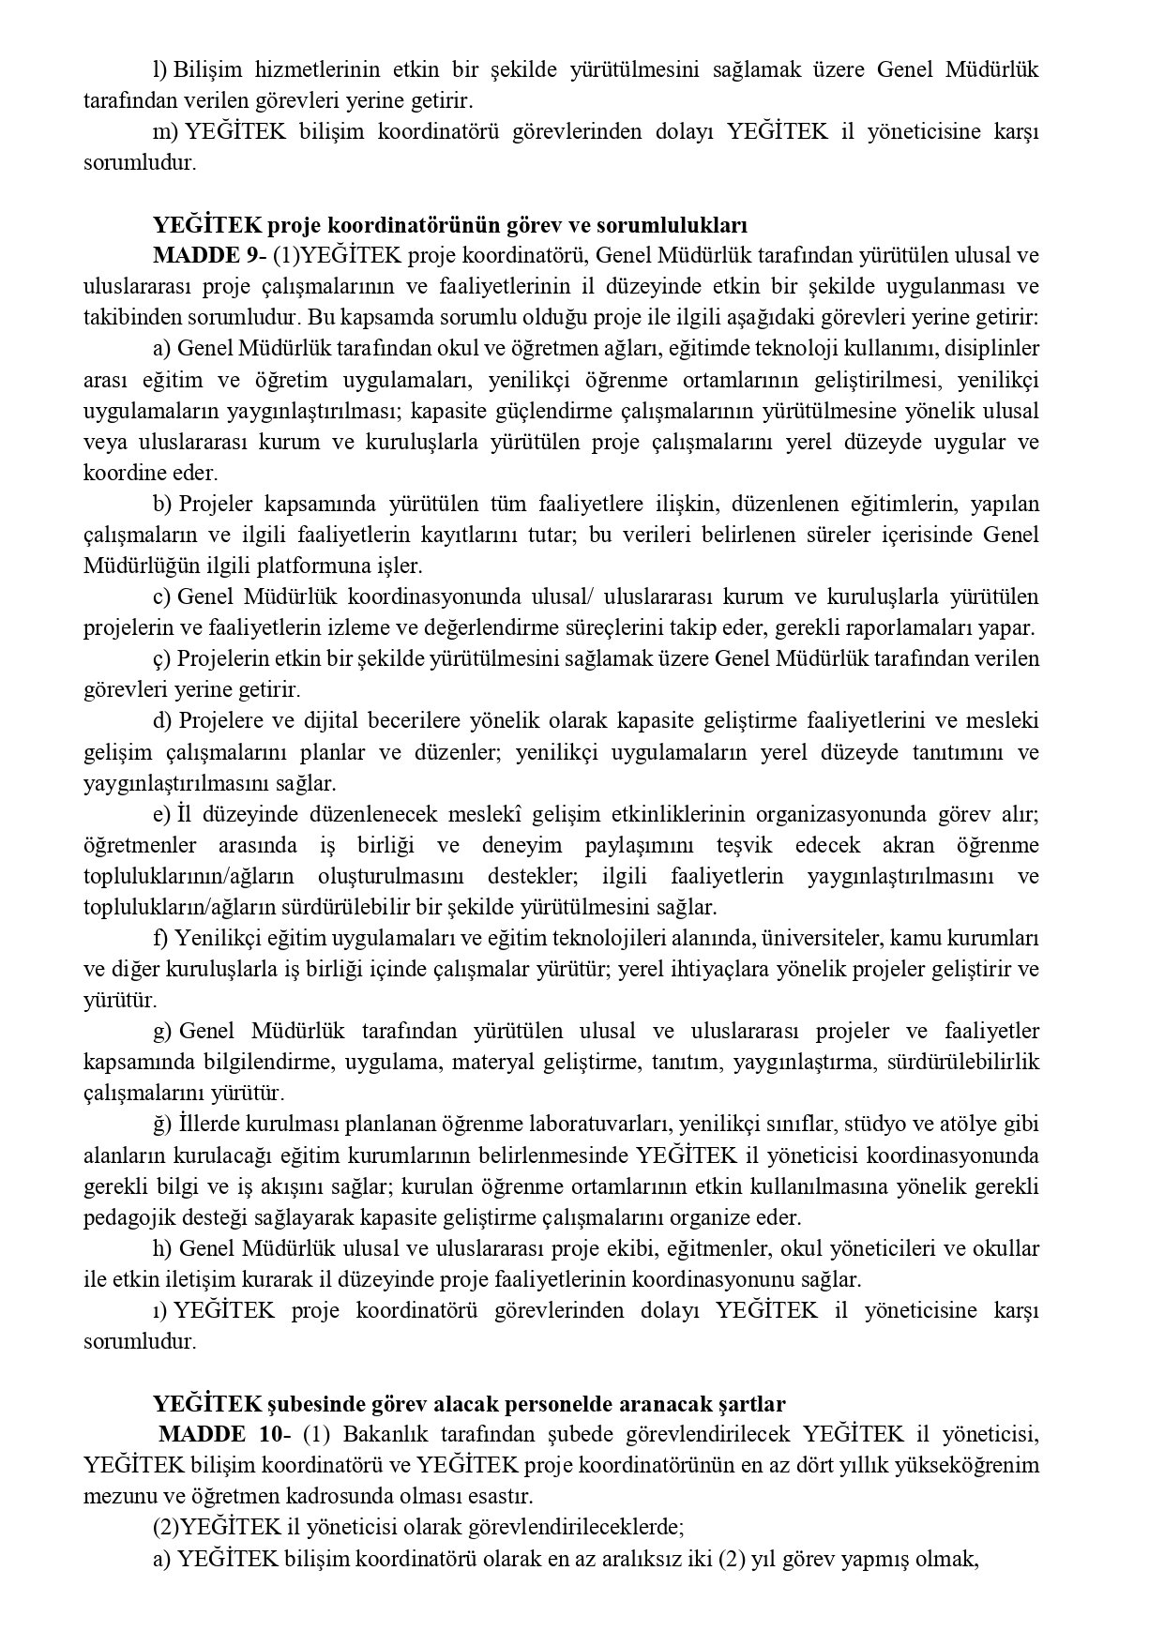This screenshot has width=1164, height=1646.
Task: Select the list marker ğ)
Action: (x=162, y=1124)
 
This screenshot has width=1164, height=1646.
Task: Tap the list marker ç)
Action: (x=161, y=659)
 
